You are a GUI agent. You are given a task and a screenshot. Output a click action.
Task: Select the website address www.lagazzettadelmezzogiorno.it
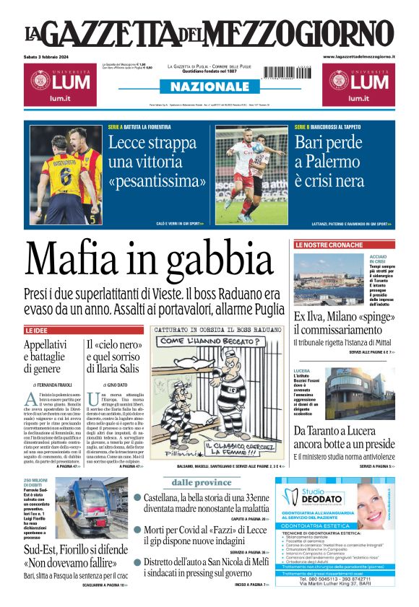(358, 56)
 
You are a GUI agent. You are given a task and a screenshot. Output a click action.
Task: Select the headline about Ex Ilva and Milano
(343, 323)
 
